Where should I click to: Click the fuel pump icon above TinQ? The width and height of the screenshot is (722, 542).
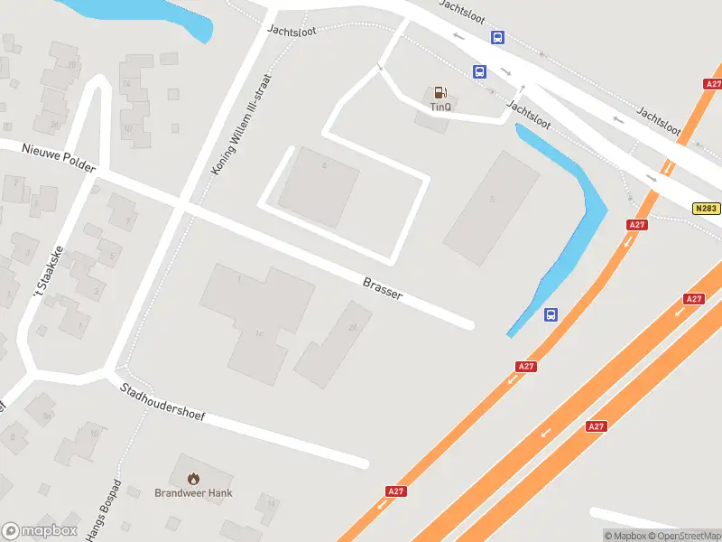(x=440, y=92)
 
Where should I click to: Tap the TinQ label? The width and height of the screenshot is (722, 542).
(x=440, y=107)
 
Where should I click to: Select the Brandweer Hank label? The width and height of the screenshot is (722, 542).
(x=193, y=492)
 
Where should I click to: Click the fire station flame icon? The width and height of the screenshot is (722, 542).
(x=192, y=478)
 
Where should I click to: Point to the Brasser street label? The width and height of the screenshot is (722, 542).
(x=383, y=288)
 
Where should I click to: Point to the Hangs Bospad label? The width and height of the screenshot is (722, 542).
(x=104, y=511)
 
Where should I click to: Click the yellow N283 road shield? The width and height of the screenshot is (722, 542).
(x=707, y=209)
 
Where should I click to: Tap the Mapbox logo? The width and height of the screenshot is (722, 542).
(x=40, y=531)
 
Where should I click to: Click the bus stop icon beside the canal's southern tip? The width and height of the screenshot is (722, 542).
(x=551, y=314)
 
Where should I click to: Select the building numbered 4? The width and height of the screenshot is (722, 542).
(x=323, y=167)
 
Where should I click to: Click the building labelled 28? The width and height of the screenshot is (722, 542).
(x=353, y=328)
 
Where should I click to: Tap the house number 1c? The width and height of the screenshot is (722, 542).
(x=259, y=334)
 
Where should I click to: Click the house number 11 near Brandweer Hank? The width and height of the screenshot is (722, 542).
(x=270, y=500)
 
